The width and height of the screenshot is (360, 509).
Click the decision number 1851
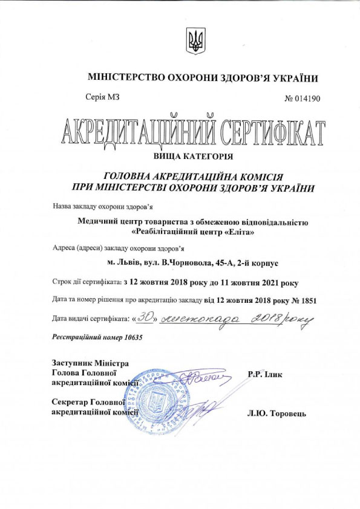(308, 299)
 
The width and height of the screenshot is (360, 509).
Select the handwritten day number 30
(143, 317)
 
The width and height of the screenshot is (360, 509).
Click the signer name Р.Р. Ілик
(265, 374)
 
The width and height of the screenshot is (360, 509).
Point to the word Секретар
(70, 401)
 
